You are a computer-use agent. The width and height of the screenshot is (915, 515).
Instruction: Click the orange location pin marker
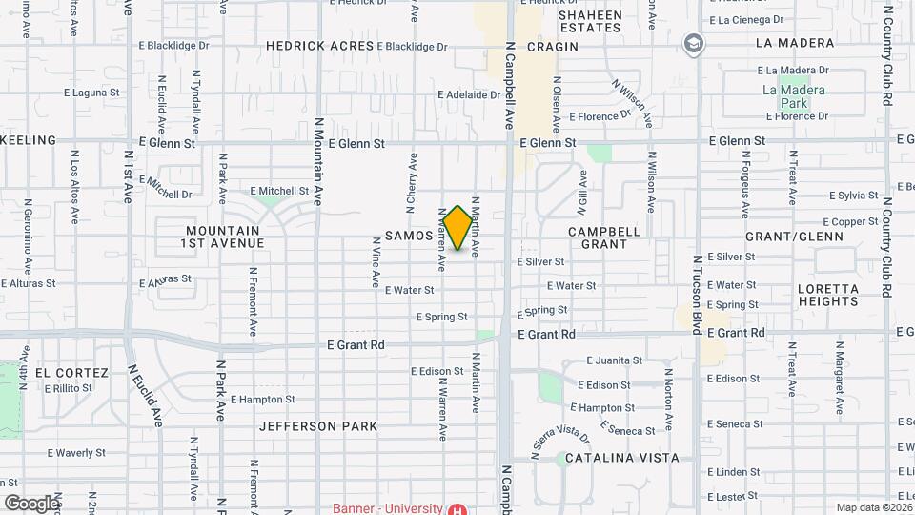point(457,228)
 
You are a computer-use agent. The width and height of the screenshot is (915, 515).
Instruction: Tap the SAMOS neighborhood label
point(409,235)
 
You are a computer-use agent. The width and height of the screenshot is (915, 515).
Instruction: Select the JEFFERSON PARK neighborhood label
point(318,426)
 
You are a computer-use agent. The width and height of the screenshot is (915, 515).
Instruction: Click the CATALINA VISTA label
point(621,458)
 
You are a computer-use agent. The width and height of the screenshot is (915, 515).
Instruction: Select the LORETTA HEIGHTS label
point(828,295)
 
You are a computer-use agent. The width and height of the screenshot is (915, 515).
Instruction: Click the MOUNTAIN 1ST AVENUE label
point(224,237)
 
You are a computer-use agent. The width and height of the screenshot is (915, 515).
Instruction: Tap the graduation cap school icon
point(694,43)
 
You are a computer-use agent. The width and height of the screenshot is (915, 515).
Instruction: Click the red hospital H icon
point(458,509)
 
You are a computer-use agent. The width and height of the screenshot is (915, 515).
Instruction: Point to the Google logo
point(31,504)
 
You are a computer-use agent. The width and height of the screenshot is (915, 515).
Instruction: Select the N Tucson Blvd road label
point(698,294)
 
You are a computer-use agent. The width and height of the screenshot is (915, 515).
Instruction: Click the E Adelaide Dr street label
point(469,95)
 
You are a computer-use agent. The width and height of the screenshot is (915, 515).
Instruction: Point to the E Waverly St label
point(74,452)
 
